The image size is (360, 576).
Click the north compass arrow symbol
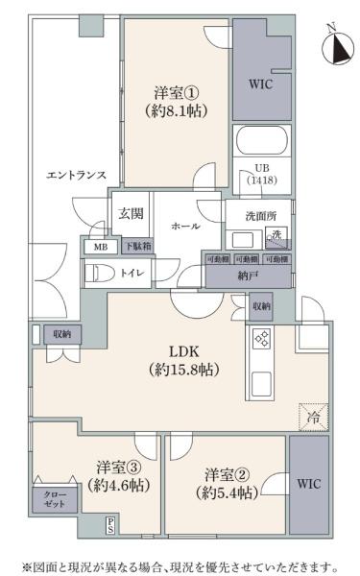[338, 45]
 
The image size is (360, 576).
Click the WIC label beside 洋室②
[309, 483]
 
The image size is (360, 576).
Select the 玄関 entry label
[130, 215]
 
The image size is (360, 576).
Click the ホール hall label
[185, 226]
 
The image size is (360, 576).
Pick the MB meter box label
[100, 247]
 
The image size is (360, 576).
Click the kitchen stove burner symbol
[261, 338]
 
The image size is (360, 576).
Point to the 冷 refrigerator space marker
[313, 416]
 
